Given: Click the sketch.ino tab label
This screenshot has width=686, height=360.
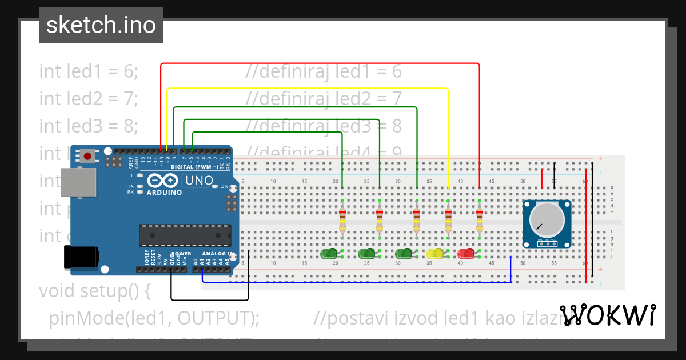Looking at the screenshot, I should [x=101, y=25].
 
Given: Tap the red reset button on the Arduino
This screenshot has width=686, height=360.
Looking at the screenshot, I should [x=87, y=155].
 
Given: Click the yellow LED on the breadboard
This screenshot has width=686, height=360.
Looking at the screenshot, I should [x=434, y=253].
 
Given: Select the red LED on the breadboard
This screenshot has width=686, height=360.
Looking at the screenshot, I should [x=466, y=253].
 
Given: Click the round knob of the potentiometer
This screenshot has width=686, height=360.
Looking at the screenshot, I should [x=546, y=219].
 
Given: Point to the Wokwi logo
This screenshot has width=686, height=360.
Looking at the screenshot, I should [x=608, y=315].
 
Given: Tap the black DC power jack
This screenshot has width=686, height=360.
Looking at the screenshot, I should [x=81, y=257].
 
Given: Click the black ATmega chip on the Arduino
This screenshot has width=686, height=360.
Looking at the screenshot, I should [x=185, y=235].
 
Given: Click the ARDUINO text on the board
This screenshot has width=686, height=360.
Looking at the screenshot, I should [x=164, y=193].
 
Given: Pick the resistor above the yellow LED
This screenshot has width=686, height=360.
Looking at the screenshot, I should [x=448, y=220].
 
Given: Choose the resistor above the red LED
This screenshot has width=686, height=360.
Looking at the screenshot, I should [x=479, y=220].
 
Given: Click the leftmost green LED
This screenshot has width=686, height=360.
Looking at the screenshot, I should [x=329, y=253].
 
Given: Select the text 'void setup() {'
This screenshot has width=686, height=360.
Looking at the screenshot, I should [x=94, y=290].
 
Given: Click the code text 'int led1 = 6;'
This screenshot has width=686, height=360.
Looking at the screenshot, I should [x=89, y=71].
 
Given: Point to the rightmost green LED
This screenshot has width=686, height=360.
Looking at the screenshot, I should [x=404, y=253].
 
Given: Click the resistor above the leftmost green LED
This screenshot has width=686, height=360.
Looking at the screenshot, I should [x=342, y=220].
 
